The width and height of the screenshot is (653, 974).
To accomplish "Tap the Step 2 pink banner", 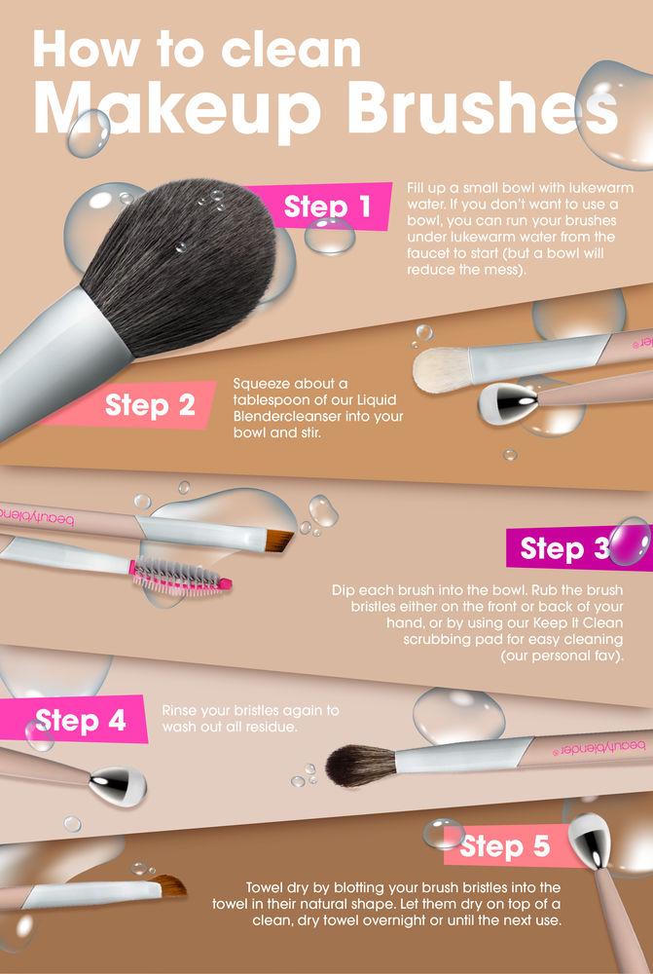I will [150, 404].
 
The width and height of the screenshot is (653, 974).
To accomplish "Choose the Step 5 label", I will [505, 846].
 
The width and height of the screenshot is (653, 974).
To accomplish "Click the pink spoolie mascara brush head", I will [181, 577].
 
